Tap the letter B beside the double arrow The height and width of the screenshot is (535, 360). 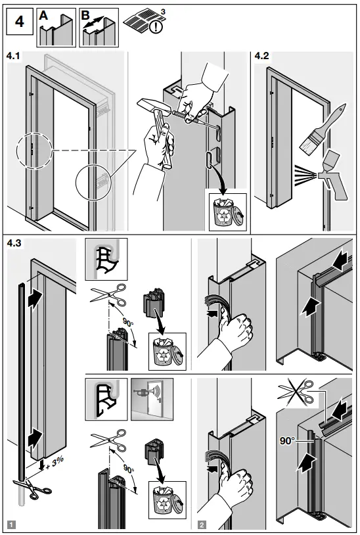click(86, 15)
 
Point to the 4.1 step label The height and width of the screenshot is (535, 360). click(14, 58)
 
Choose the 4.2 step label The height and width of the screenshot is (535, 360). click(262, 58)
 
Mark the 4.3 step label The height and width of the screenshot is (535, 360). click(14, 243)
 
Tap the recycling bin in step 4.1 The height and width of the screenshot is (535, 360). click(227, 211)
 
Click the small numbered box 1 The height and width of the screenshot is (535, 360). click(11, 524)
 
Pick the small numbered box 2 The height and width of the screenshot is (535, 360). click(201, 524)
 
